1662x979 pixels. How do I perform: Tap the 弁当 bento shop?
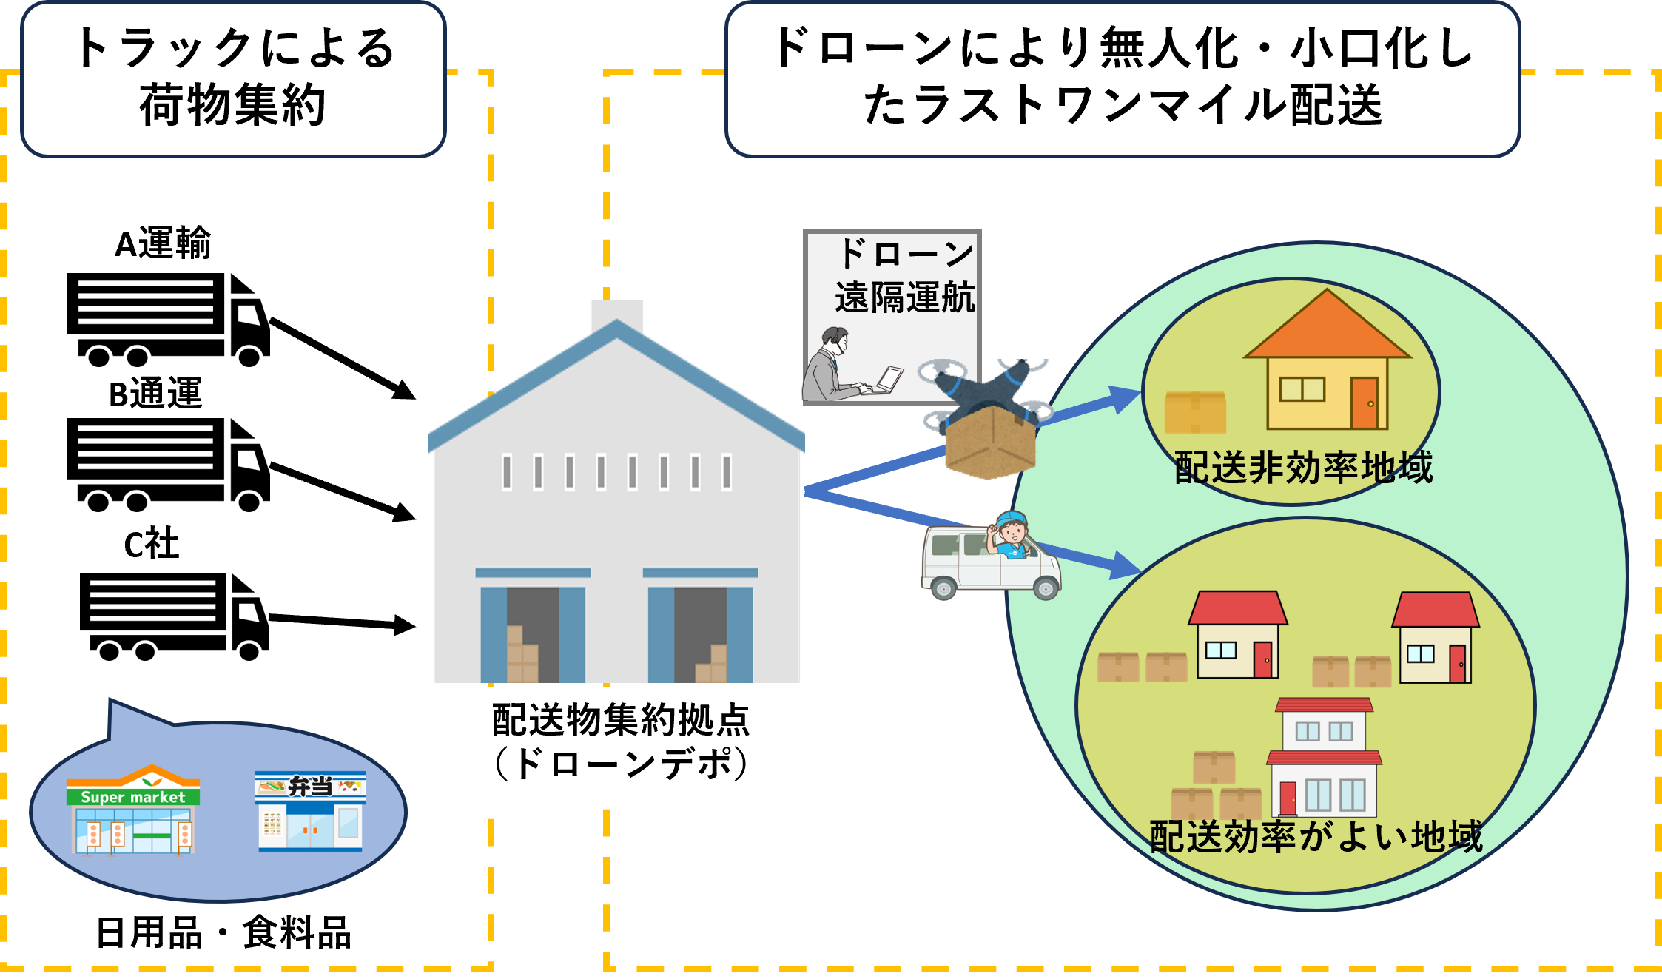[x=310, y=812]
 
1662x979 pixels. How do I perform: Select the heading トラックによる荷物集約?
[x=234, y=77]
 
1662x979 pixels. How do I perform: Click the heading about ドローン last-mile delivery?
[x=1122, y=77]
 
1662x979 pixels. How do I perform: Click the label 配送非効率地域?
[x=1304, y=468]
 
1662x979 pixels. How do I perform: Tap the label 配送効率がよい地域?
[x=1316, y=836]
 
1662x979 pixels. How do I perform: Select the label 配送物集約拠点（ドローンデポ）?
[x=620, y=742]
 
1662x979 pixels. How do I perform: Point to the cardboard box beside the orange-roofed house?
[x=1195, y=412]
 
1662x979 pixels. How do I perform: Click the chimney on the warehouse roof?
[x=616, y=314]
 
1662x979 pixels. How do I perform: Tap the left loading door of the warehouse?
[x=533, y=633]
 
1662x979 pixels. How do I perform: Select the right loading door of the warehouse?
[x=700, y=633]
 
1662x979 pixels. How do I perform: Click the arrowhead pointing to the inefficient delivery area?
[x=1125, y=400]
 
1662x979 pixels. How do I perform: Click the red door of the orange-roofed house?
[x=1364, y=403]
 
